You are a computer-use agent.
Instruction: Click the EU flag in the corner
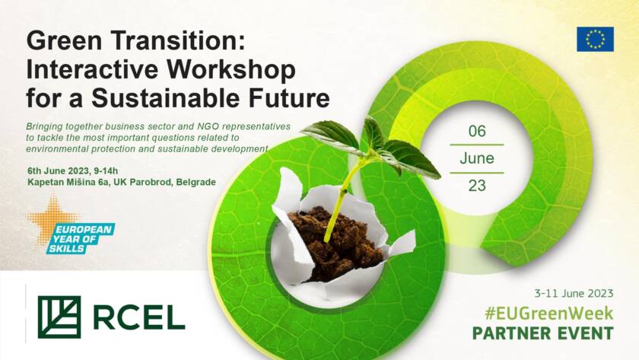click(595, 39)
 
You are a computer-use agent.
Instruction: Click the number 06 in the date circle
click(477, 131)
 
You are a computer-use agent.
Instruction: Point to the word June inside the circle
click(477, 158)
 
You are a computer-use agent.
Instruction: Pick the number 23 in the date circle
click(477, 186)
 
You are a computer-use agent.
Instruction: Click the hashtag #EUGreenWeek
click(549, 313)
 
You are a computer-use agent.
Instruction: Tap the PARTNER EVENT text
click(543, 333)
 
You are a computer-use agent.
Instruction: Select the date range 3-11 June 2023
click(574, 293)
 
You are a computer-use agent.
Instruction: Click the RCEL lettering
click(139, 317)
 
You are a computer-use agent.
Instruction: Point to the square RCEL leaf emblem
click(59, 317)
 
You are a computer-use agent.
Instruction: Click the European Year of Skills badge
click(81, 238)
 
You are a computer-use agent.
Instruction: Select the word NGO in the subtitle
click(208, 126)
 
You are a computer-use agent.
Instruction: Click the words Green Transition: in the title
click(136, 41)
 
